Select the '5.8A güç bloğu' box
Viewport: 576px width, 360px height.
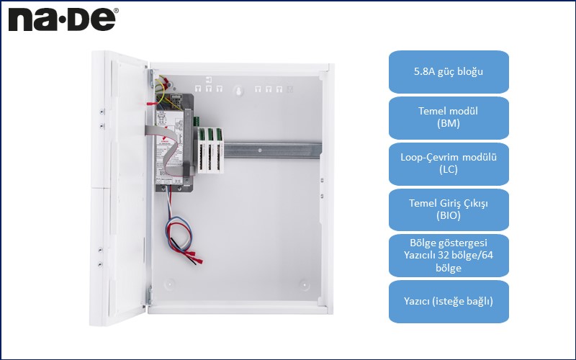pyautogui.click(x=449, y=72)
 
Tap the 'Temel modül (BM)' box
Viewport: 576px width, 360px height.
pyautogui.click(x=449, y=118)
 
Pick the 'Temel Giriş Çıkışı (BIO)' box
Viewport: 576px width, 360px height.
pyautogui.click(x=449, y=209)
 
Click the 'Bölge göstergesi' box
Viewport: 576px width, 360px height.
pyautogui.click(x=449, y=256)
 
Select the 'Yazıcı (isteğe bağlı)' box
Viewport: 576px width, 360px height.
pyautogui.click(x=449, y=301)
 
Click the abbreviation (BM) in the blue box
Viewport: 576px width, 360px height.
pyautogui.click(x=449, y=124)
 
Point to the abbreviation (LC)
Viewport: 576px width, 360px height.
pyautogui.click(x=449, y=170)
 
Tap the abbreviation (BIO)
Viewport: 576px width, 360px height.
pyautogui.click(x=449, y=215)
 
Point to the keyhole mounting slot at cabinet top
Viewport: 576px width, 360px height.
pyautogui.click(x=238, y=91)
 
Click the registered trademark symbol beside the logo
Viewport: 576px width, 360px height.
pyautogui.click(x=117, y=11)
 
